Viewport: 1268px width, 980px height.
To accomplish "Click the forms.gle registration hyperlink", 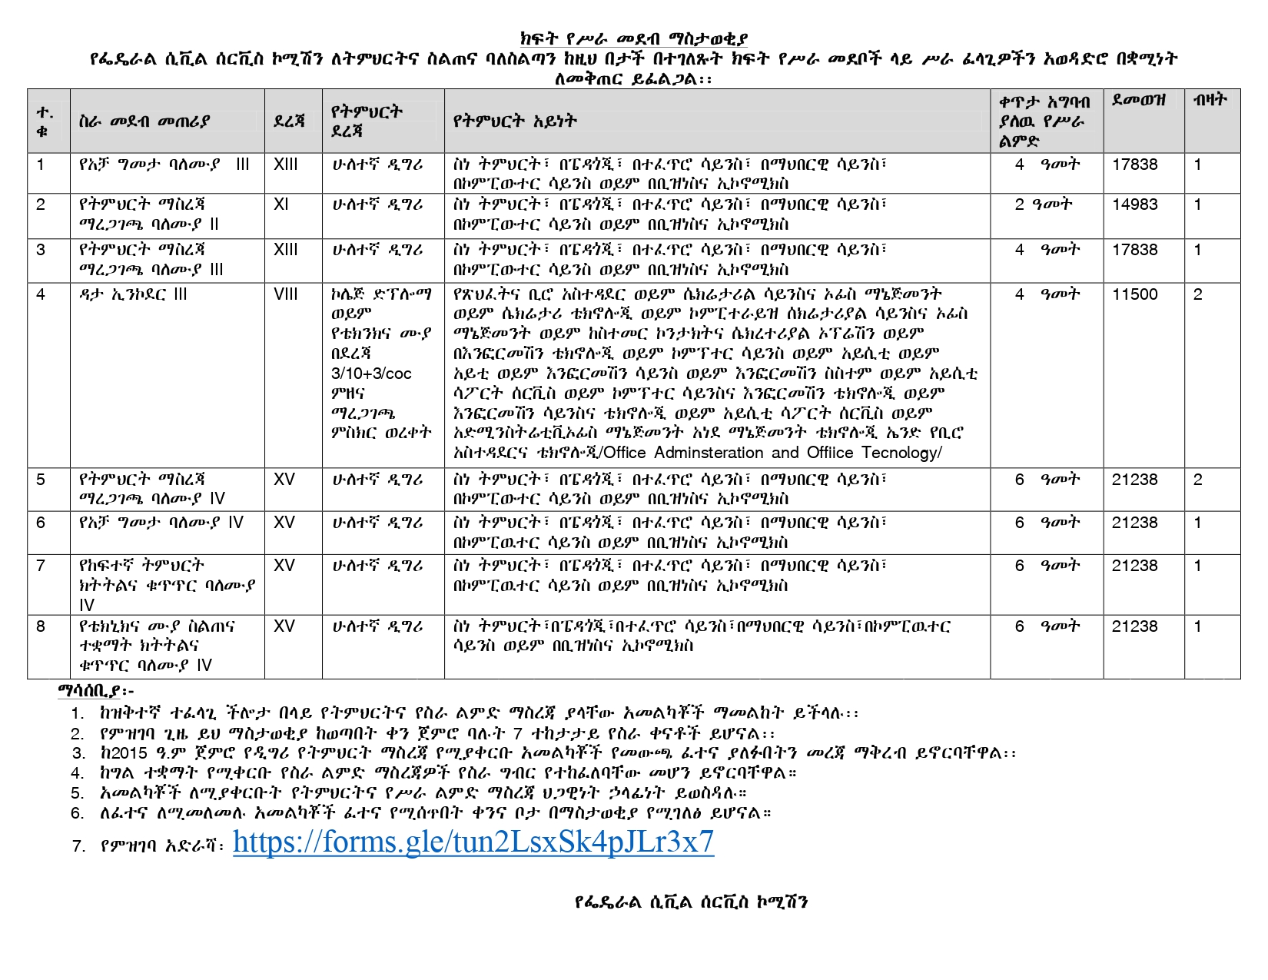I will point(473,842).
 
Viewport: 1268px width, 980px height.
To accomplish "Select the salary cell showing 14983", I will point(1134,204).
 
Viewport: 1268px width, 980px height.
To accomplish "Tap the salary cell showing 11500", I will point(1134,294).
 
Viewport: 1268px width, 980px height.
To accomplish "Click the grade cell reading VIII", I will point(285,294).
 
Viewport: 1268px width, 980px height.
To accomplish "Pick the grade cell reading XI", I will point(280,204).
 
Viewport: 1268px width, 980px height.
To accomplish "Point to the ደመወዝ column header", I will point(1139,101).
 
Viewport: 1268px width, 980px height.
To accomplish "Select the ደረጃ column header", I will point(289,121).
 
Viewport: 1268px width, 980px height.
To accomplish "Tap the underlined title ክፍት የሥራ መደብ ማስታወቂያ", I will point(633,39).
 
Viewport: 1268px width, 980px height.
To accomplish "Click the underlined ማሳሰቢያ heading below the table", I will point(96,691).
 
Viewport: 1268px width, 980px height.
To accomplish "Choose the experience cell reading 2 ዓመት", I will point(1043,204).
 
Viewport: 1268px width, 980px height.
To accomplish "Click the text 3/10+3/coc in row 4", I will point(371,374).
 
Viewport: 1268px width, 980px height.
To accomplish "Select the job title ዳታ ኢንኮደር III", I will point(132,294).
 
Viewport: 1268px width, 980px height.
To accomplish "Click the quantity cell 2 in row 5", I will point(1197,480).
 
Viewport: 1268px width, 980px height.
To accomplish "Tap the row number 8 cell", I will point(41,626).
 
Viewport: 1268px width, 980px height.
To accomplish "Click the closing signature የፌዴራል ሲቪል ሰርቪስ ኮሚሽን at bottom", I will point(691,902).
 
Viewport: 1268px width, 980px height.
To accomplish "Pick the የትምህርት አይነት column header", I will point(514,121).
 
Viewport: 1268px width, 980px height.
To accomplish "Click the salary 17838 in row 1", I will point(1134,164).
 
